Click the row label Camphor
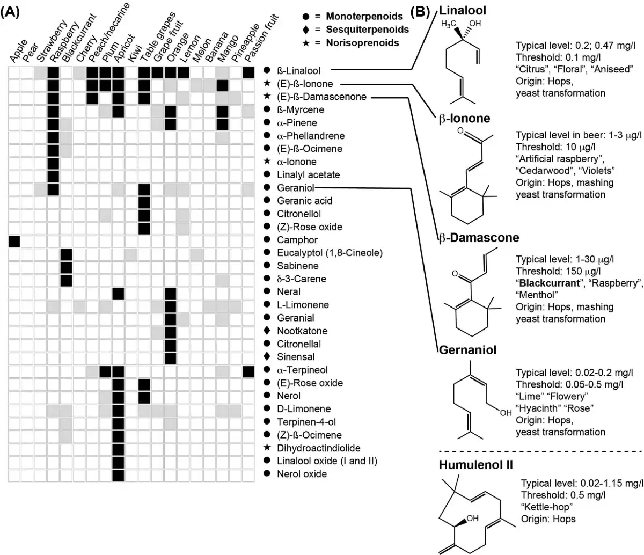click(x=297, y=240)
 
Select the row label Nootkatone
click(x=302, y=331)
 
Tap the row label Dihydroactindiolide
click(x=318, y=448)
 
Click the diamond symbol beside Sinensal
click(x=267, y=357)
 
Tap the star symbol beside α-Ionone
click(x=267, y=162)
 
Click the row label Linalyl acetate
click(x=308, y=175)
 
